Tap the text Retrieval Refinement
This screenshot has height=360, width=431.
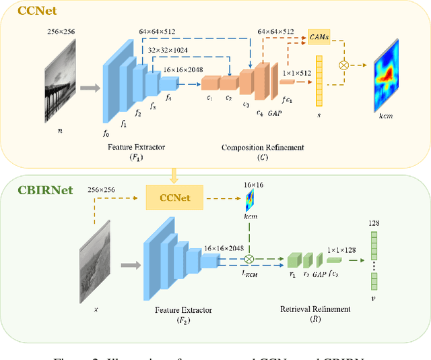coord(315,309)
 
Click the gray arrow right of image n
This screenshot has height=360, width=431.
coord(89,87)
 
